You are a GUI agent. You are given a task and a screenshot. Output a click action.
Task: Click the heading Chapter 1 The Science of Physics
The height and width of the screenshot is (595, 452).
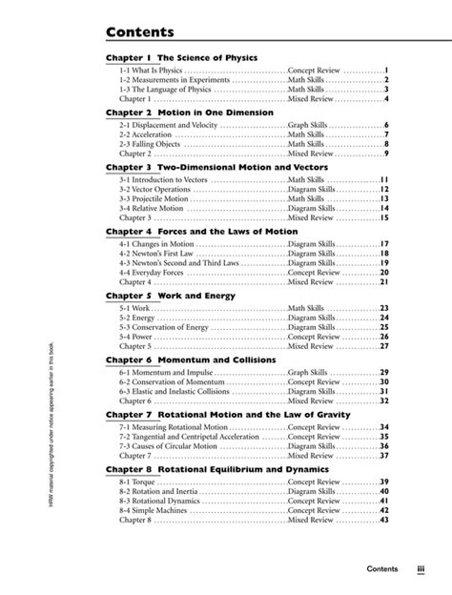click(x=181, y=57)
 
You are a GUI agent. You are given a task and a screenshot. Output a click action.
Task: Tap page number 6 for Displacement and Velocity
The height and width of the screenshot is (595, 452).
click(x=386, y=125)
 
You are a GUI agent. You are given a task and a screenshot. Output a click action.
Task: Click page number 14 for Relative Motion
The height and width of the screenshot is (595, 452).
click(x=384, y=208)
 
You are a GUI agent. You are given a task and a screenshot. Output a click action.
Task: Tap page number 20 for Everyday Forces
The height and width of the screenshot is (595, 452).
click(x=384, y=273)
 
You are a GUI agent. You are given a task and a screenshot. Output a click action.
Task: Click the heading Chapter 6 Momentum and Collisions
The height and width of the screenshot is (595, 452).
click(x=191, y=359)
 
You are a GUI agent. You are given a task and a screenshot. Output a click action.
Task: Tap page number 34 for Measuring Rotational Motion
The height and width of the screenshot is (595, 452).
click(x=384, y=427)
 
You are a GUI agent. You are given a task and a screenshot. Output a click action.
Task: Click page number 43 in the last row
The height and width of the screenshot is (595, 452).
click(x=384, y=520)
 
